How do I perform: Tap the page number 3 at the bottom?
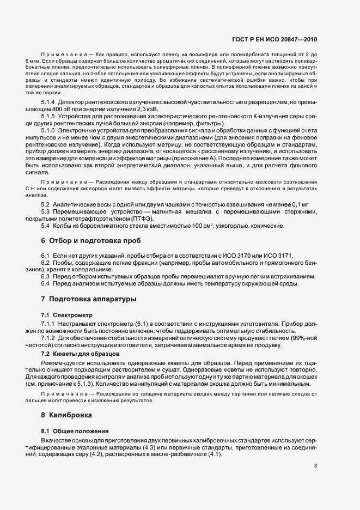coord(316,465)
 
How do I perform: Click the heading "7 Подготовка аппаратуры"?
coord(85,300)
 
